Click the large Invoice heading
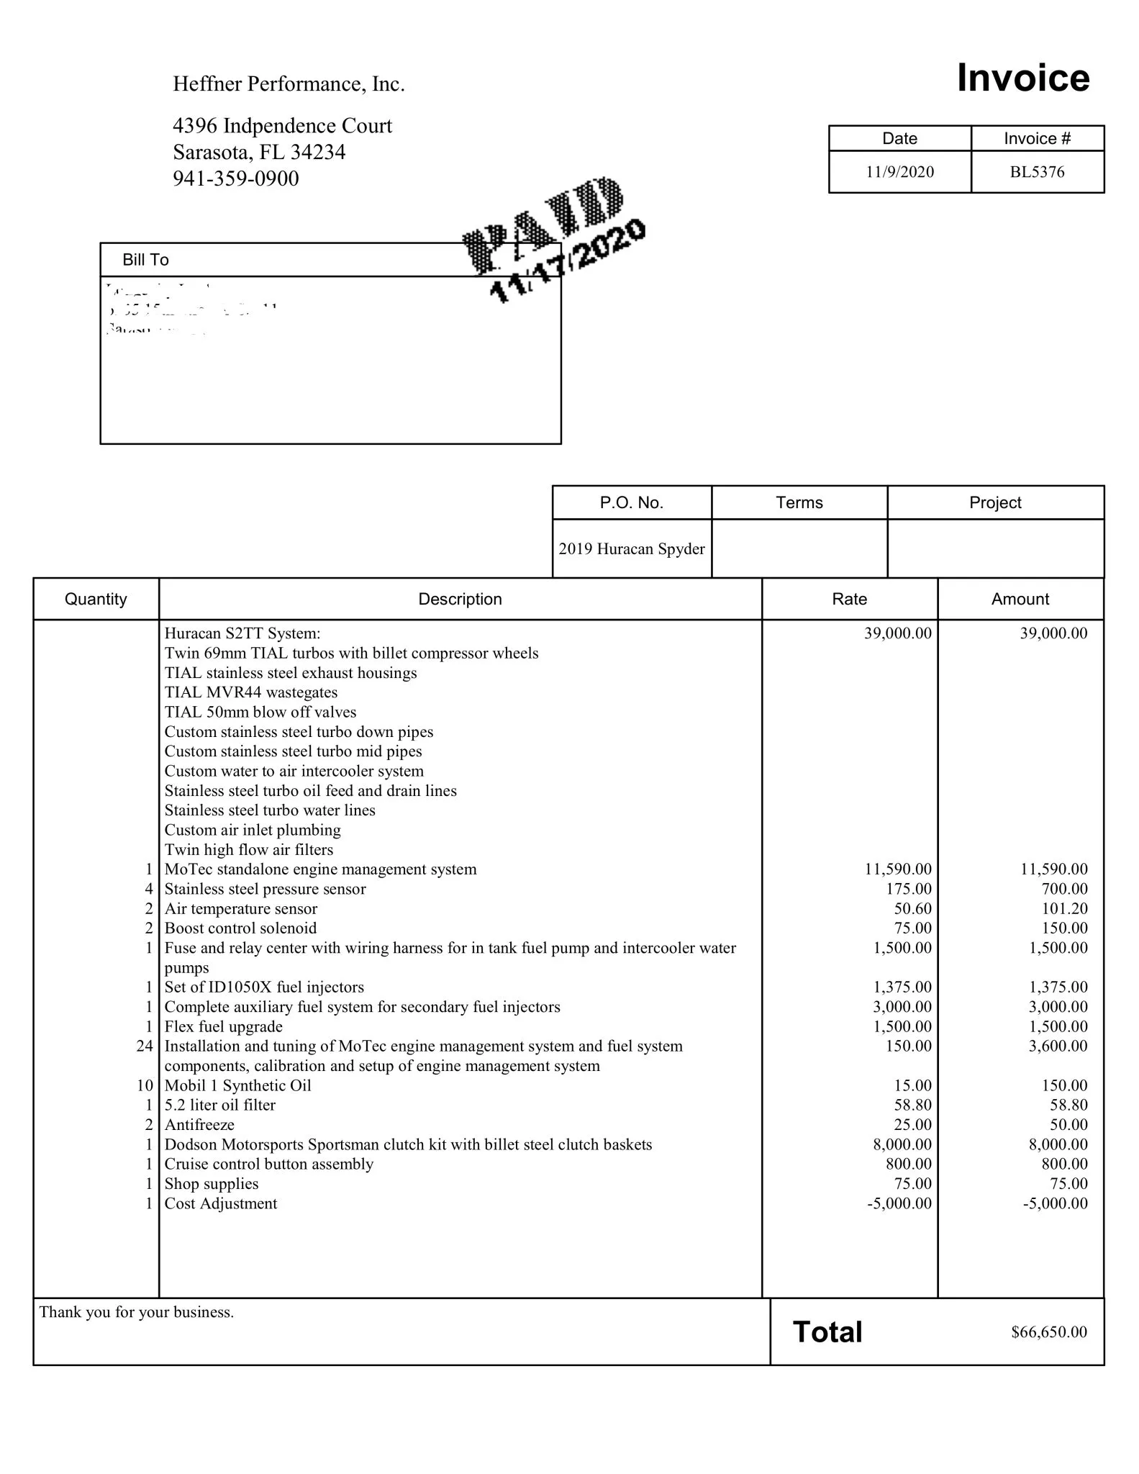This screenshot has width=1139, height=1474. [1022, 78]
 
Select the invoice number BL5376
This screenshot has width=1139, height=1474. [1037, 172]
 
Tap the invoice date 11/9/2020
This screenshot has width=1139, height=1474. [899, 172]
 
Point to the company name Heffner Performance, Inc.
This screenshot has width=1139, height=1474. [289, 84]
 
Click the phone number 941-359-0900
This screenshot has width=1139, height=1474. [235, 178]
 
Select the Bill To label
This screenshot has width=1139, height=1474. [145, 260]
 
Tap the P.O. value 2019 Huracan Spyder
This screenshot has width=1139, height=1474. [631, 548]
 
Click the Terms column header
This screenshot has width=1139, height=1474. [799, 502]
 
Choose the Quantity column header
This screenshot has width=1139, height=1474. [96, 599]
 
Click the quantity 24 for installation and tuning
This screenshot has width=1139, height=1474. [145, 1046]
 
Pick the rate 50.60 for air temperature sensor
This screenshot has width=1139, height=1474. [912, 908]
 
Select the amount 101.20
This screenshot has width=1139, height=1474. [1064, 908]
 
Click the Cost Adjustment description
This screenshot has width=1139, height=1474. [220, 1203]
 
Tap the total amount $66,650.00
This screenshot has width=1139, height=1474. [1048, 1332]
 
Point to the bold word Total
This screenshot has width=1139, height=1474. [827, 1332]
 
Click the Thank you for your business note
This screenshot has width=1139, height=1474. [136, 1312]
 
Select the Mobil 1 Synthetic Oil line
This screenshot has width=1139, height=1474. [237, 1085]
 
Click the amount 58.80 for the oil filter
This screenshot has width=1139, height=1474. [1068, 1105]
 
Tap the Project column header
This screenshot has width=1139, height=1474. [994, 502]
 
